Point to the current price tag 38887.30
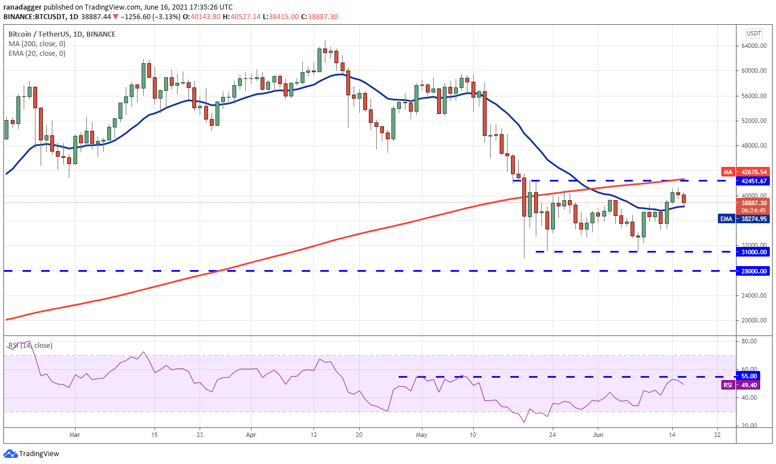pyautogui.click(x=754, y=204)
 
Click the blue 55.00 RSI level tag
pyautogui.click(x=749, y=376)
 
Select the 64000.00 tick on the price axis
pyautogui.click(x=754, y=46)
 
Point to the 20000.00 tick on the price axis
pyautogui.click(x=754, y=320)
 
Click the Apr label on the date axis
pyautogui.click(x=251, y=435)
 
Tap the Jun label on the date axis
pyautogui.click(x=598, y=435)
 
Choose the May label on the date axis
pyautogui.click(x=422, y=435)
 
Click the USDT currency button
pyautogui.click(x=754, y=33)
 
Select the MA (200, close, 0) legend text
pyautogui.click(x=37, y=43)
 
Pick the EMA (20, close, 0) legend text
pyautogui.click(x=37, y=54)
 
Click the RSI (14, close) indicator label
pyautogui.click(x=30, y=345)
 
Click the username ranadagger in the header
pyautogui.click(x=23, y=7)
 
